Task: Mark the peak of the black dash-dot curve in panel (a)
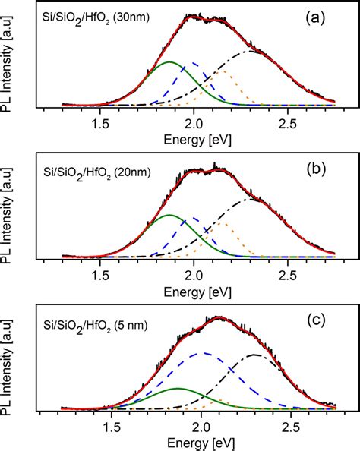[252, 51]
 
